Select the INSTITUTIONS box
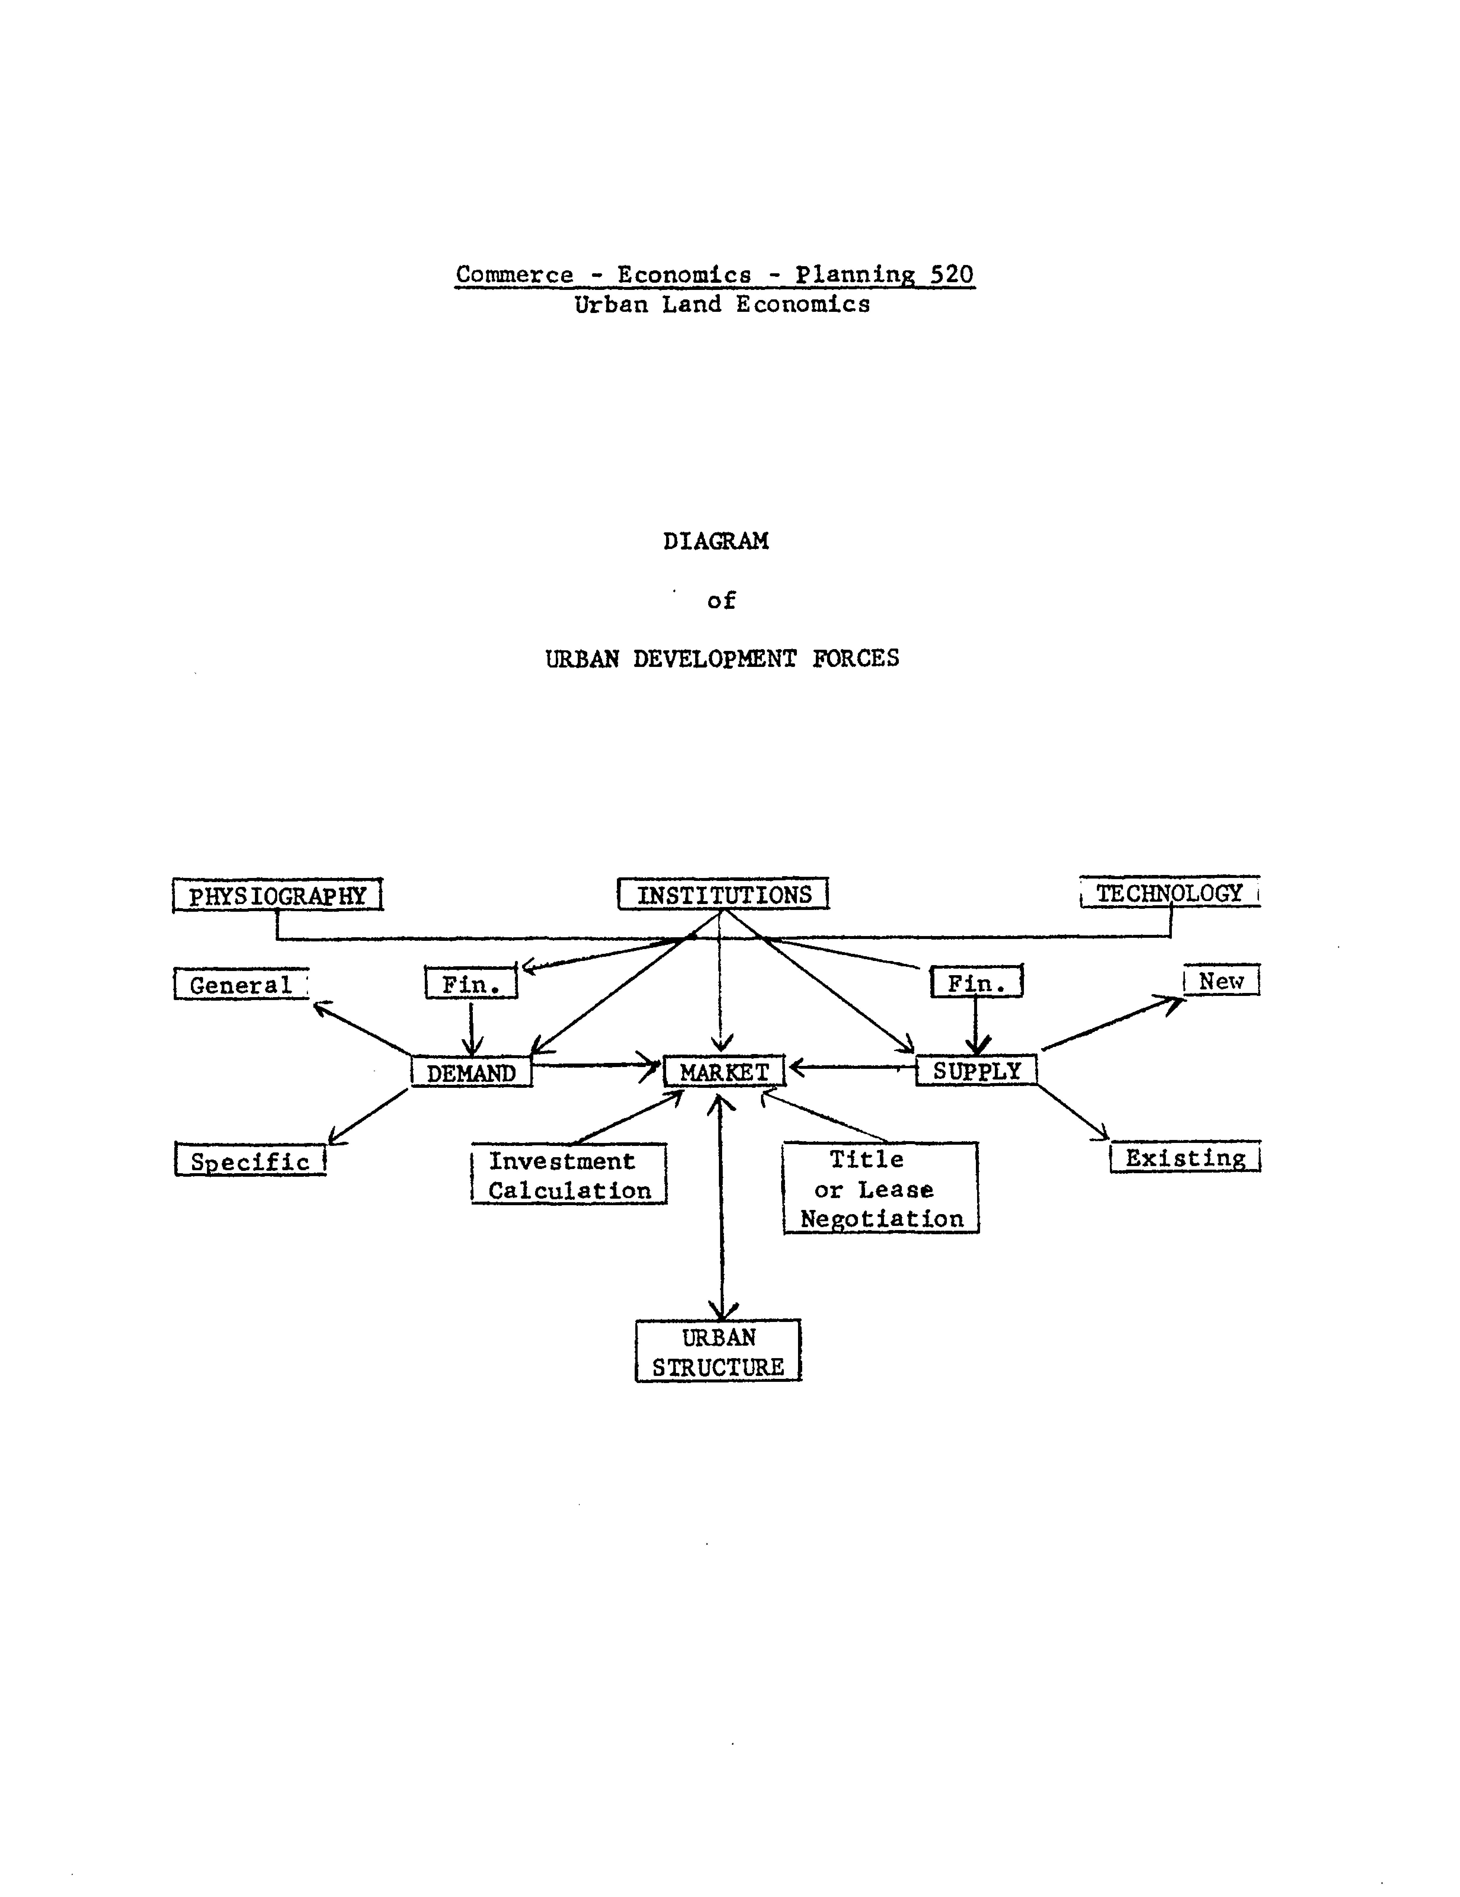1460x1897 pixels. click(723, 894)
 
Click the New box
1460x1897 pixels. click(1221, 981)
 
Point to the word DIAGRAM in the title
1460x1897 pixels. click(716, 541)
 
